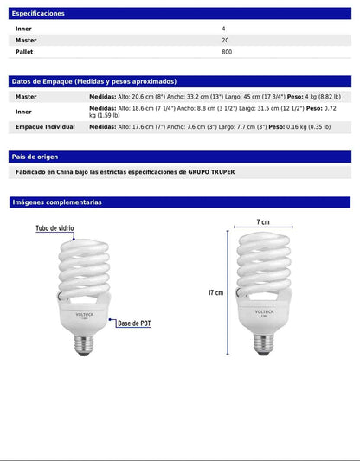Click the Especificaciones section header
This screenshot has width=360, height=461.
point(37,14)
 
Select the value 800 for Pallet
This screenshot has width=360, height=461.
point(227,52)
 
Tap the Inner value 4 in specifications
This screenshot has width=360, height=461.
point(223,29)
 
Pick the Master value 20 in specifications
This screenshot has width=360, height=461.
point(225,40)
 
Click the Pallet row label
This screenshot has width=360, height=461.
point(25,52)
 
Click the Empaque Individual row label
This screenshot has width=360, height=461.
point(45,126)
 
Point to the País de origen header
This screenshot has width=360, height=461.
point(35,157)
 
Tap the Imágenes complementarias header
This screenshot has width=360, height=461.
point(56,202)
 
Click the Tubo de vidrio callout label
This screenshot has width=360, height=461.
point(55,229)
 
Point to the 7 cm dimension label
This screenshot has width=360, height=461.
point(262,222)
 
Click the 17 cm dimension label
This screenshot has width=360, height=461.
point(215,292)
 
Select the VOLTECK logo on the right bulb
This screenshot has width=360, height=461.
point(264,304)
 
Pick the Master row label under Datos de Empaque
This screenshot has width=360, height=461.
point(26,97)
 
